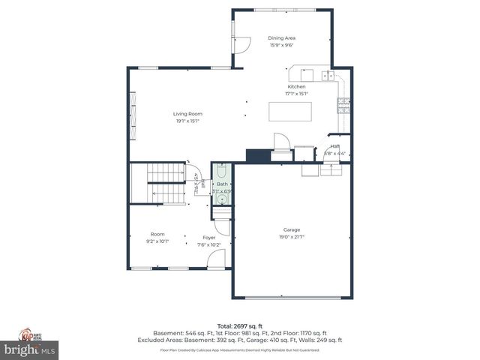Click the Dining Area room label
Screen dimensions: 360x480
281,37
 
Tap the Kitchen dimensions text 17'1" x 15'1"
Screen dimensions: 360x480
296,94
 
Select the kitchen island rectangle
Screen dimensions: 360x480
290,112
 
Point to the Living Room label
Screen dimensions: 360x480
189,114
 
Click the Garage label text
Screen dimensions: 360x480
292,230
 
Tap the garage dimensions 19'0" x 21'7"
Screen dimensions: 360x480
292,237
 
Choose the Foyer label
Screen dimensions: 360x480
208,237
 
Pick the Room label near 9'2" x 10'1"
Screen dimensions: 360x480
157,234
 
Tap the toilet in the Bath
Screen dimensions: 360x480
222,170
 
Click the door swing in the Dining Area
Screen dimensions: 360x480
242,44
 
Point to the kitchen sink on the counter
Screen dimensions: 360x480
328,75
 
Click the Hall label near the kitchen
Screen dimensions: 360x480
335,146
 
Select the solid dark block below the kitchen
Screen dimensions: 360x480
257,155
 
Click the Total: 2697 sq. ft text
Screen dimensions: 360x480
240,326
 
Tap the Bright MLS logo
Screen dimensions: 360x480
30,349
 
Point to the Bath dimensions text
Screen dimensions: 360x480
222,191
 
